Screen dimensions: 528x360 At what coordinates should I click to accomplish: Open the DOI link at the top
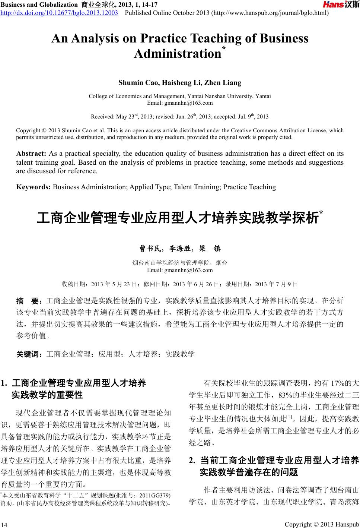(x=59, y=13)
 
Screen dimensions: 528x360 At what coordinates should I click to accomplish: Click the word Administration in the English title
(x=178, y=54)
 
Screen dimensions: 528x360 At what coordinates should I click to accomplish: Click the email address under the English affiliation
(x=180, y=103)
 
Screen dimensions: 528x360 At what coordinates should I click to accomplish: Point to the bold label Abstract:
(x=31, y=154)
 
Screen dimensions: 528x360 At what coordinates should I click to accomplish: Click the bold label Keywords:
(x=34, y=187)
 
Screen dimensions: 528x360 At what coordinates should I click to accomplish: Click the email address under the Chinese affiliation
(x=180, y=270)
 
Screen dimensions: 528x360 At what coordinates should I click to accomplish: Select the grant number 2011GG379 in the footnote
(x=154, y=496)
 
